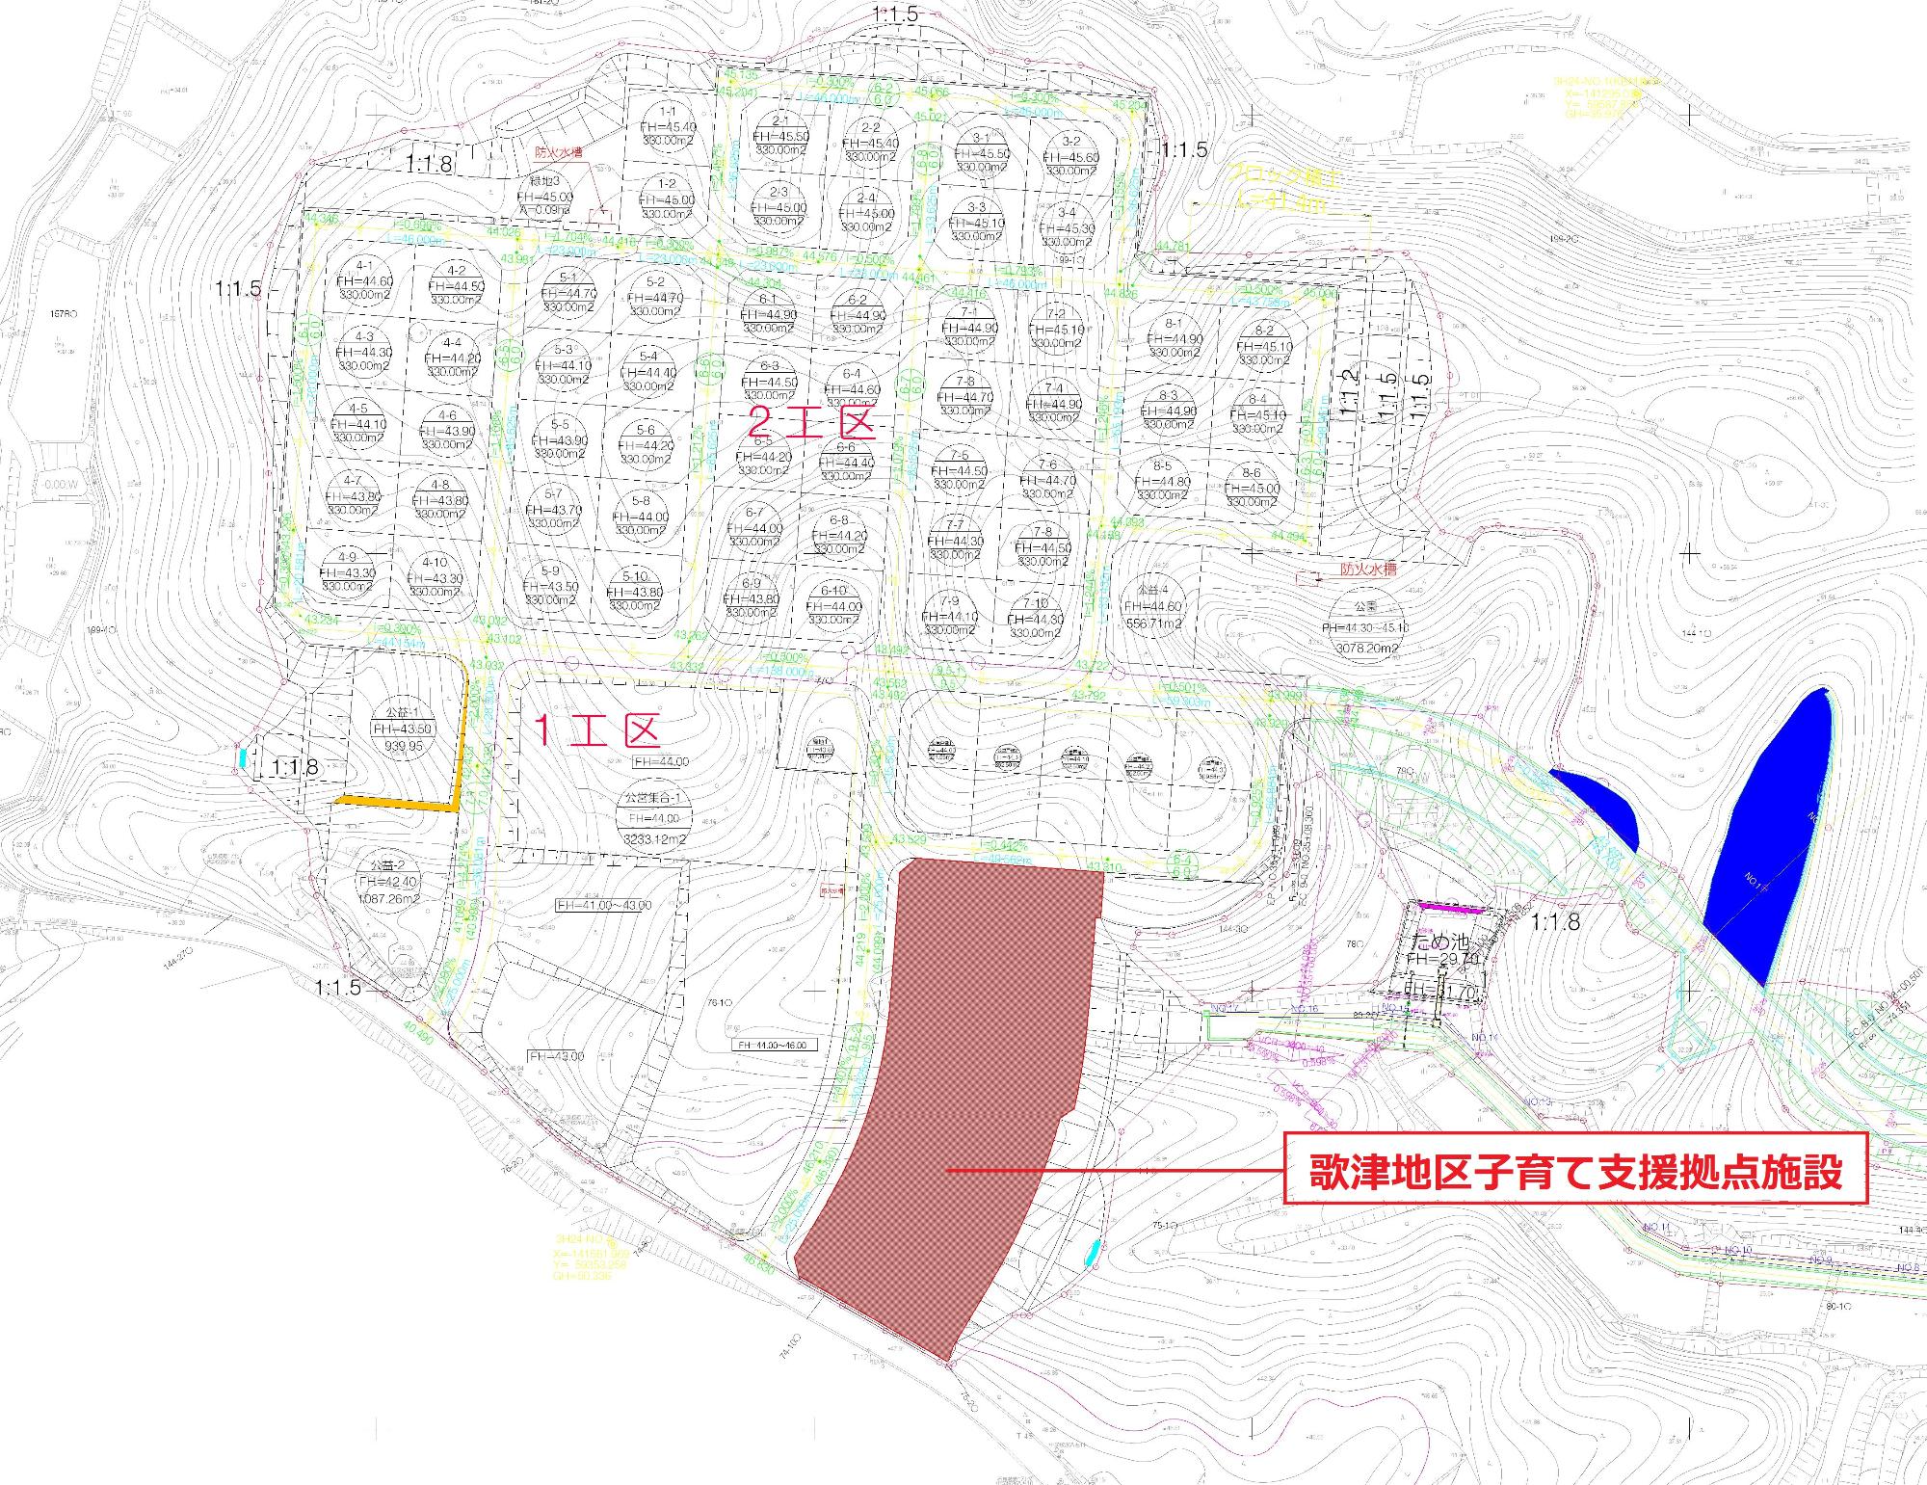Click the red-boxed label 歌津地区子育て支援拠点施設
tap(1575, 1171)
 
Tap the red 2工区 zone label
tap(811, 422)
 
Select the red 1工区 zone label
tap(596, 731)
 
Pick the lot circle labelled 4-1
tap(364, 280)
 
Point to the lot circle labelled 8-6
tap(1252, 488)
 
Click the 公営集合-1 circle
tap(653, 818)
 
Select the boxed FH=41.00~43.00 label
tap(604, 905)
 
